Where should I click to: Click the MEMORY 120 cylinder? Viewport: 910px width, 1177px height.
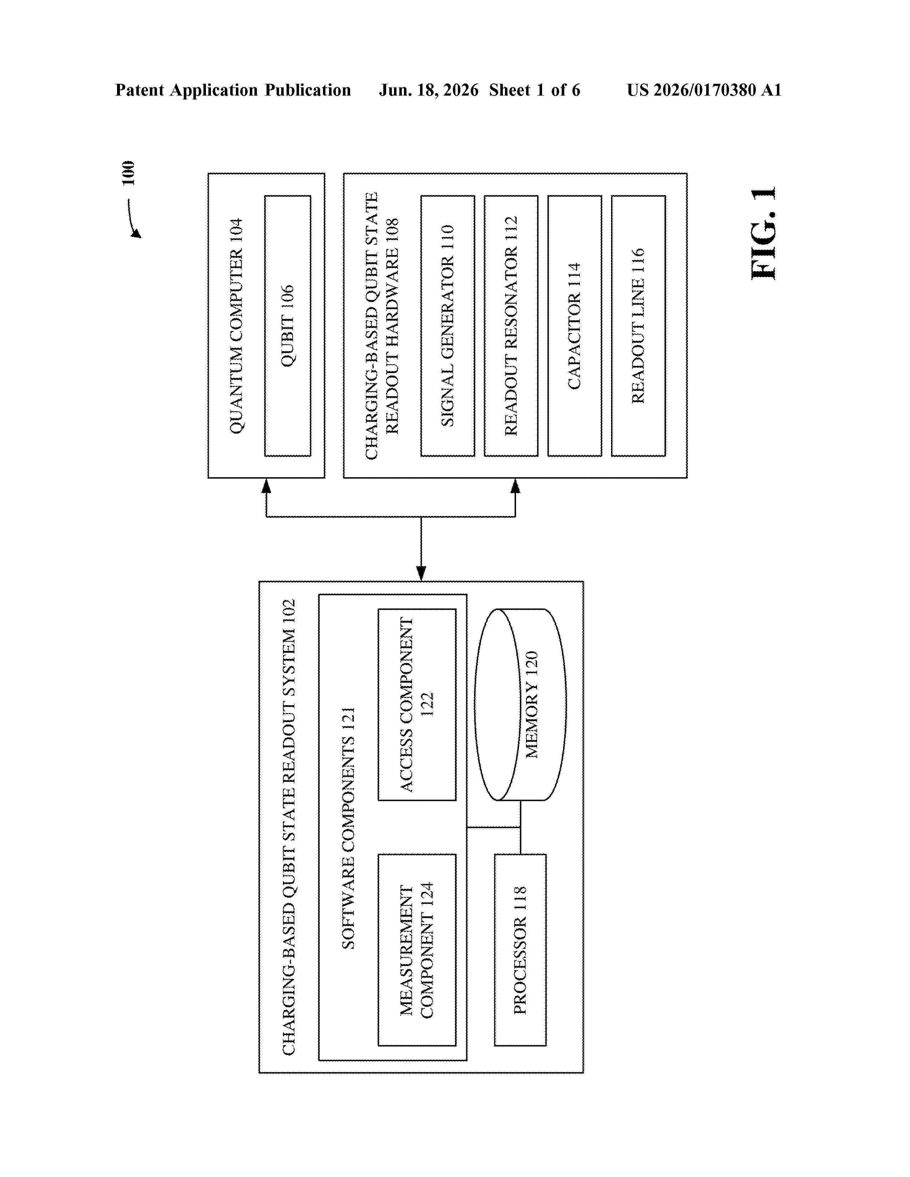(521, 704)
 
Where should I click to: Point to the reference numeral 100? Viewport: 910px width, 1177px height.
(128, 173)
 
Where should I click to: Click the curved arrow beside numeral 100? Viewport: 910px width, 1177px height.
(132, 218)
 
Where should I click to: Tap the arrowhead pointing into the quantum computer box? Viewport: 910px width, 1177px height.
(266, 486)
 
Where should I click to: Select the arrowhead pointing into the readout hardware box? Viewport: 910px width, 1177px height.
(515, 486)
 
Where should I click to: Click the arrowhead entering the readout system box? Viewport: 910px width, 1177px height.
(421, 574)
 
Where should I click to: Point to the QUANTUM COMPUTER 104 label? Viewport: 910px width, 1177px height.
(236, 326)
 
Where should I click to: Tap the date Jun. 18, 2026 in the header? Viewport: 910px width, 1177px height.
(429, 90)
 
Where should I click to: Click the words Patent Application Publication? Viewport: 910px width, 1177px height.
(233, 90)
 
